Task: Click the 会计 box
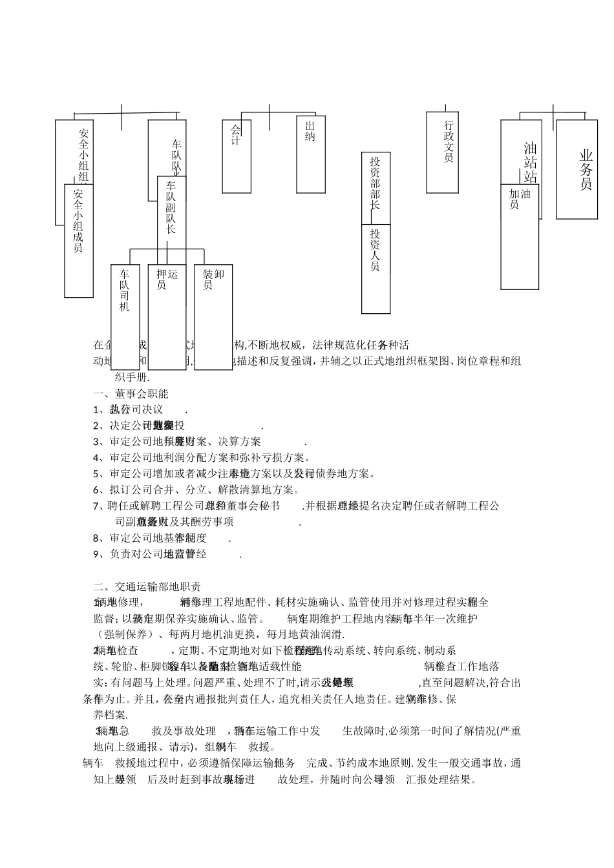coord(236,155)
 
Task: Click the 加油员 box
coord(520,236)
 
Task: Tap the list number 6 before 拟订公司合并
coord(96,490)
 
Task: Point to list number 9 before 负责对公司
coord(96,553)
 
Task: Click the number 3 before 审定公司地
coord(96,442)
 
